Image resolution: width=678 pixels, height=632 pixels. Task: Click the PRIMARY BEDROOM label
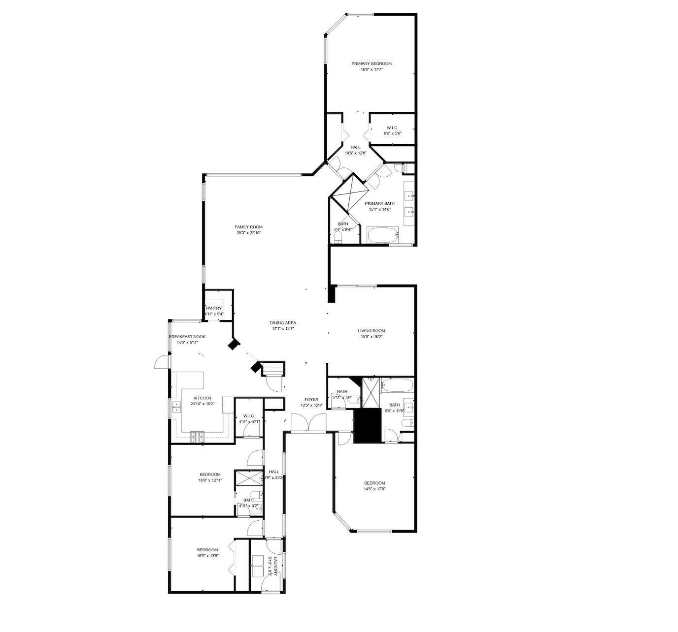point(371,63)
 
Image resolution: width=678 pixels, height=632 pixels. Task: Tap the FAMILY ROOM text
point(248,227)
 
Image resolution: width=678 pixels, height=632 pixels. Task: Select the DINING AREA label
point(283,323)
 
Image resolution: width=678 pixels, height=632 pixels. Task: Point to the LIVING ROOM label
point(372,331)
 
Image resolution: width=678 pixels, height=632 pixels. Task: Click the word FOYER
point(311,400)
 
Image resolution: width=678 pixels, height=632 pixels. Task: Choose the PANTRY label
point(214,308)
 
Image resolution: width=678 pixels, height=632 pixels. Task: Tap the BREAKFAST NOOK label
point(187,337)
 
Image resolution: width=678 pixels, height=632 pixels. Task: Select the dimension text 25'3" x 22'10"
point(248,233)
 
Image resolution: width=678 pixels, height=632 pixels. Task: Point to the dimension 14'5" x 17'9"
point(374,489)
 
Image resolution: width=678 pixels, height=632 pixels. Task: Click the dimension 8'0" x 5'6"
point(393,133)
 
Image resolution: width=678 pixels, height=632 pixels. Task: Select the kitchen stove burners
point(198,435)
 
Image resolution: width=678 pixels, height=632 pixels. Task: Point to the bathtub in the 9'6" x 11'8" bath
point(397,384)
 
